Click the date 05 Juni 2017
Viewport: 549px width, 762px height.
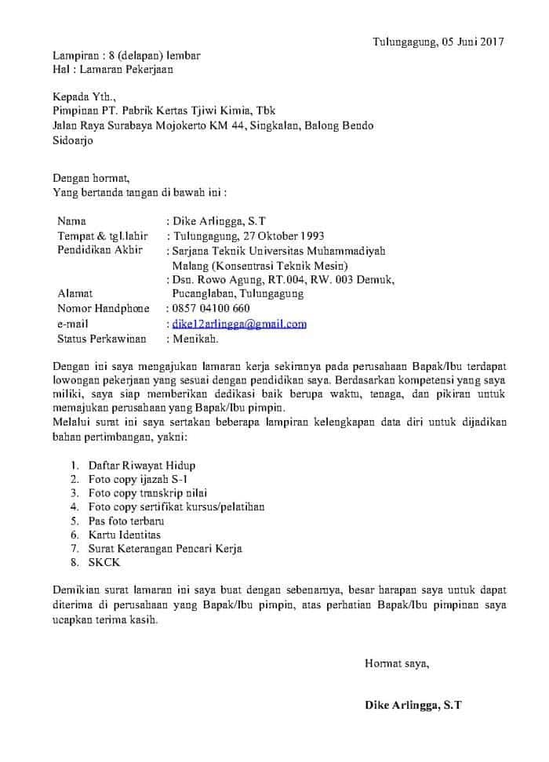click(x=464, y=41)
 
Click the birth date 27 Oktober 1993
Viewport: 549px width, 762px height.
click(x=276, y=236)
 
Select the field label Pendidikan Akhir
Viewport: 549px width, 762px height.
click(x=100, y=250)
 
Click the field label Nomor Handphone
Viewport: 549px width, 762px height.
click(x=103, y=309)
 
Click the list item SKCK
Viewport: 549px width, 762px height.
click(x=105, y=563)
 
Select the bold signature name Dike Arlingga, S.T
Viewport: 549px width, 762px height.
click(x=413, y=705)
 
